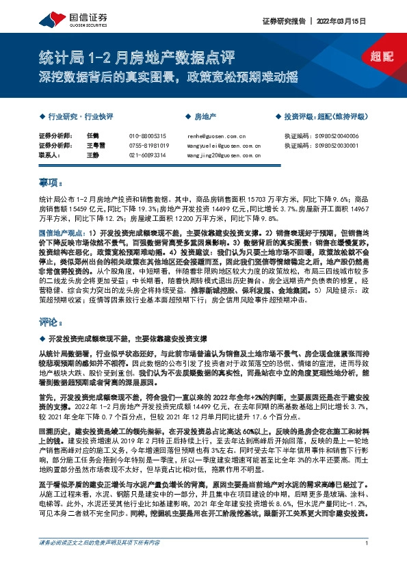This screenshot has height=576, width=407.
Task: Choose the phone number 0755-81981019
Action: tap(148, 146)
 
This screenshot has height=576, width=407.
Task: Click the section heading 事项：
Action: tap(50, 183)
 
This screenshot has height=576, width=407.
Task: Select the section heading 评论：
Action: tap(50, 321)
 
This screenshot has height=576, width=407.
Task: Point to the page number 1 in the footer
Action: tap(367, 562)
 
